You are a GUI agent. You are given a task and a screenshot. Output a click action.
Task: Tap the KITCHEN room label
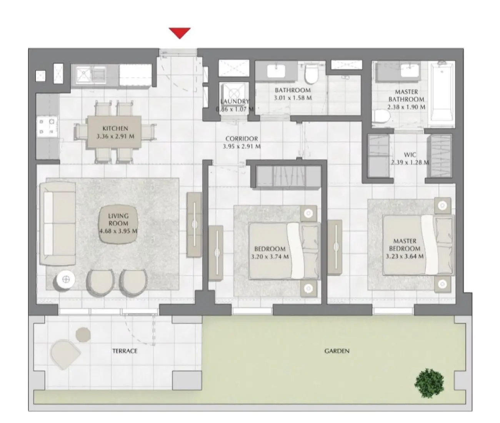tap(115, 128)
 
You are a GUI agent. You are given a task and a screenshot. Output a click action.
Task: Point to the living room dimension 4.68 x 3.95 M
tap(118, 231)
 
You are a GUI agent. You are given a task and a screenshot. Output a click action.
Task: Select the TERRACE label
tap(125, 351)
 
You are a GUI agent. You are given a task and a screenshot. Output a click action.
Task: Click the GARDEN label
tap(337, 351)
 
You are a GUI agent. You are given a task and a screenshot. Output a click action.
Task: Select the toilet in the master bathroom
tap(382, 117)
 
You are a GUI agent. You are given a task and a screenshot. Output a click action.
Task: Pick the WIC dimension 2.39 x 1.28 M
tap(410, 162)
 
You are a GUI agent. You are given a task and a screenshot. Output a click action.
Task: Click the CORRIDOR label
tap(242, 138)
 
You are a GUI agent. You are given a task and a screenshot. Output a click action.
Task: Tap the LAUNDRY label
tap(235, 102)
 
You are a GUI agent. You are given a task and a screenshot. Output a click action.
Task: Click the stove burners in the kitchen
tap(47, 127)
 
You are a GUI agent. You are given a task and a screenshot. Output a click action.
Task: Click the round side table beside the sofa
tap(66, 280)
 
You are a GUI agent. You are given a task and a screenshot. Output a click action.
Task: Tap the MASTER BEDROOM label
tap(405, 245)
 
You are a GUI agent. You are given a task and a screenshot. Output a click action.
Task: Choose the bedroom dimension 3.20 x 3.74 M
tap(270, 256)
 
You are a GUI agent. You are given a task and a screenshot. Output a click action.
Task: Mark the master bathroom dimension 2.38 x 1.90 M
tap(406, 107)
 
